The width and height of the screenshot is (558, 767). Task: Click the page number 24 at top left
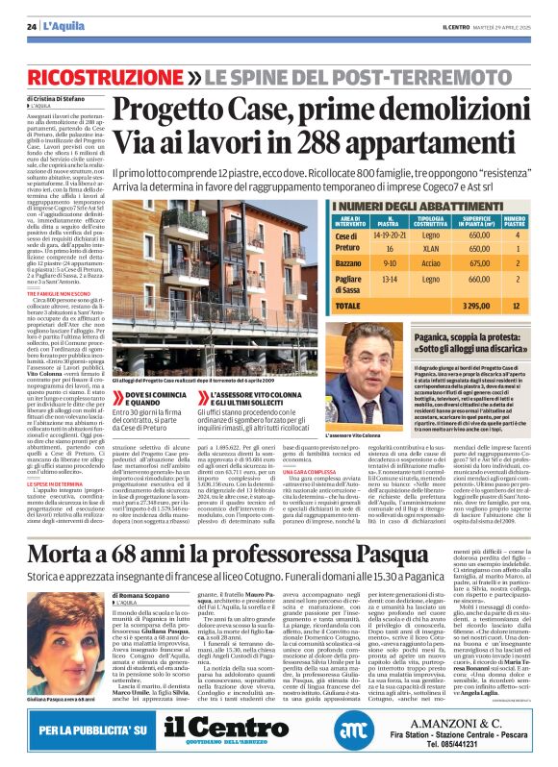[32, 26]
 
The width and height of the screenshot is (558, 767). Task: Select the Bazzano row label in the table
[348, 262]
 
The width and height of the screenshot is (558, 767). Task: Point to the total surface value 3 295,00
[479, 305]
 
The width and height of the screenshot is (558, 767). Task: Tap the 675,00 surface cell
[479, 262]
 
